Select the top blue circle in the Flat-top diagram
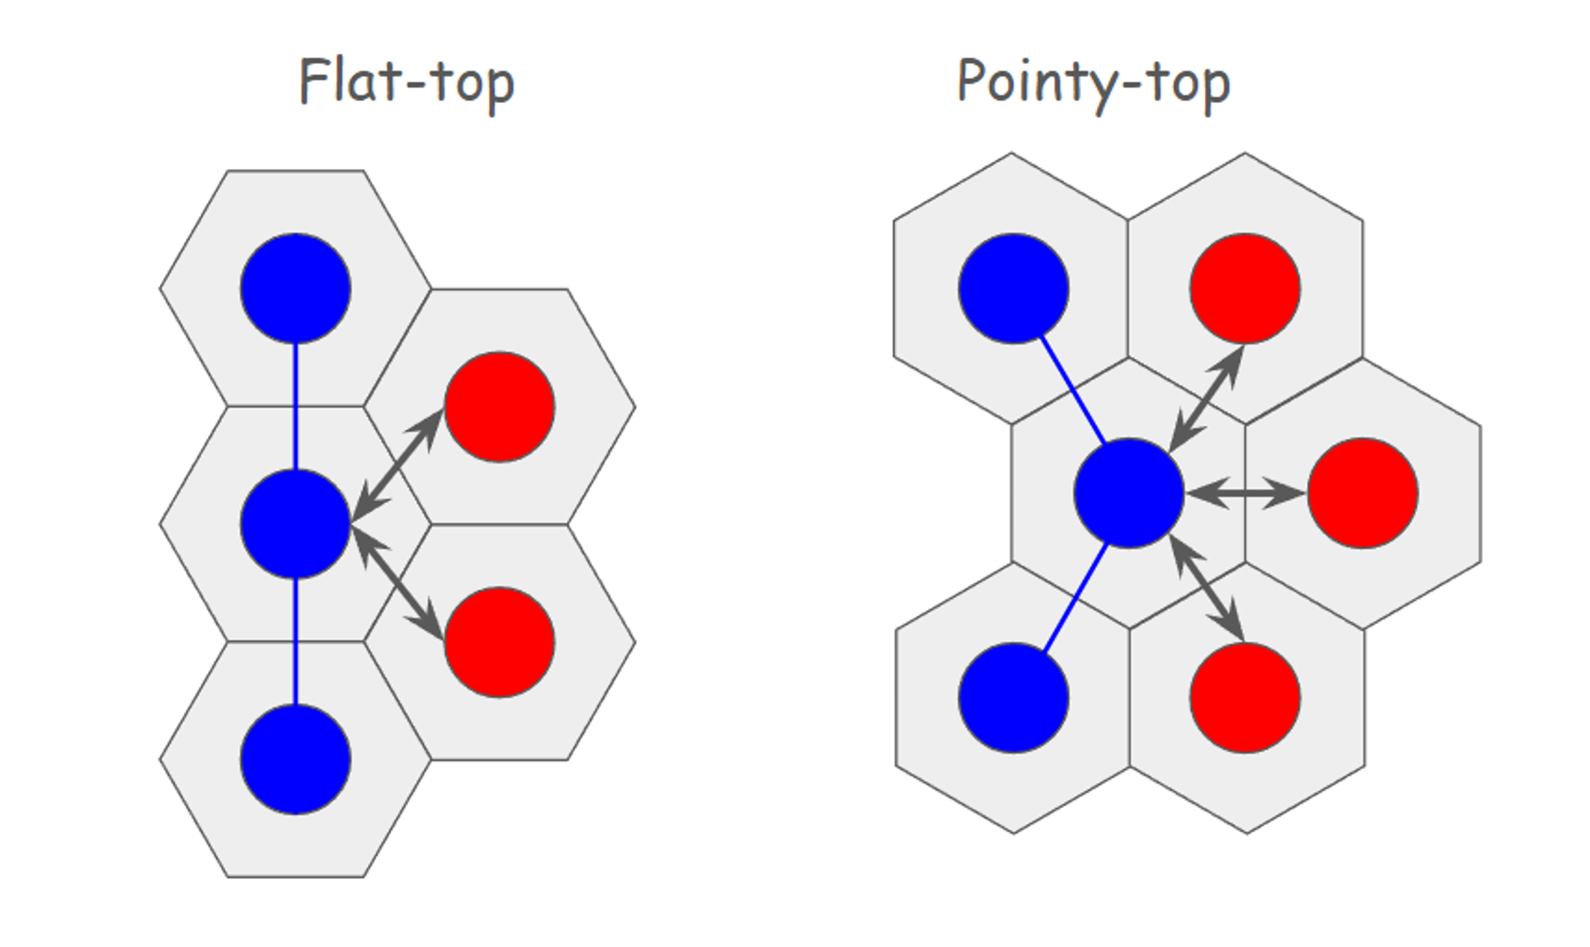[x=295, y=288]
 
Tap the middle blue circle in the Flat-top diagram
[x=295, y=524]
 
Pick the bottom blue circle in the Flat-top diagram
[x=295, y=759]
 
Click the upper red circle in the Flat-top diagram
[x=499, y=406]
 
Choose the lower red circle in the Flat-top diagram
[x=499, y=642]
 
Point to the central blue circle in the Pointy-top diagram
[x=1129, y=493]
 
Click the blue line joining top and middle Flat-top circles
[x=295, y=406]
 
